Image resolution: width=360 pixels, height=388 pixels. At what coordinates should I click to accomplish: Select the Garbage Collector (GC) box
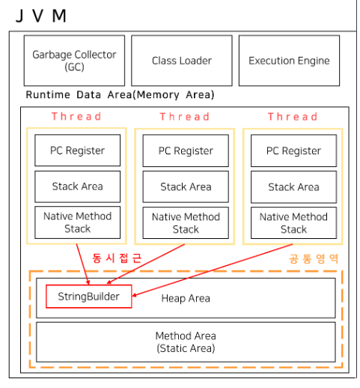tap(74, 61)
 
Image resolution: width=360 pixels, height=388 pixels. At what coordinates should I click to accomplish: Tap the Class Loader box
tap(182, 61)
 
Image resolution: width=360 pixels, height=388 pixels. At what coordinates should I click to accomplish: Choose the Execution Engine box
tap(289, 61)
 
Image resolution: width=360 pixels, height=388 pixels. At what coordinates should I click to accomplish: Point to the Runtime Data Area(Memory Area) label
tap(120, 94)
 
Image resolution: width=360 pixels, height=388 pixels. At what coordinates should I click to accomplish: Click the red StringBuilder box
tap(88, 297)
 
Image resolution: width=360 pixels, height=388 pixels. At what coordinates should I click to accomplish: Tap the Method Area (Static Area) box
tap(185, 342)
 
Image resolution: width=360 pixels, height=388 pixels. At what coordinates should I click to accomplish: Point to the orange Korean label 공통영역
tap(314, 258)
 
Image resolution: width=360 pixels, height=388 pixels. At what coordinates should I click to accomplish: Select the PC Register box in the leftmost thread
tap(78, 151)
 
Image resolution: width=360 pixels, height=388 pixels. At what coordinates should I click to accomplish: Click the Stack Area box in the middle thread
tap(186, 187)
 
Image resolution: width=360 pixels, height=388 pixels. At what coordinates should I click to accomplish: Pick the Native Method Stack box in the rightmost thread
tap(293, 222)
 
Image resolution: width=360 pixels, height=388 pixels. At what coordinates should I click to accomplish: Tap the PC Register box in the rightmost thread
tap(293, 151)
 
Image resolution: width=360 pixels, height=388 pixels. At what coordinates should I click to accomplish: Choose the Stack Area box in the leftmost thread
tap(78, 187)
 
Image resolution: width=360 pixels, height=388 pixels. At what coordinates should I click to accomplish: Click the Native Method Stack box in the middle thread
tap(186, 222)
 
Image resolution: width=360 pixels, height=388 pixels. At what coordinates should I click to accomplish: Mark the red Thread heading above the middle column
tap(185, 117)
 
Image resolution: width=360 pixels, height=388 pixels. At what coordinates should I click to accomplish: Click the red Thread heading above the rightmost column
tap(293, 117)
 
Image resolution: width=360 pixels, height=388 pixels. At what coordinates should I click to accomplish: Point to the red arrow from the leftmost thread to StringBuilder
tap(82, 264)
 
